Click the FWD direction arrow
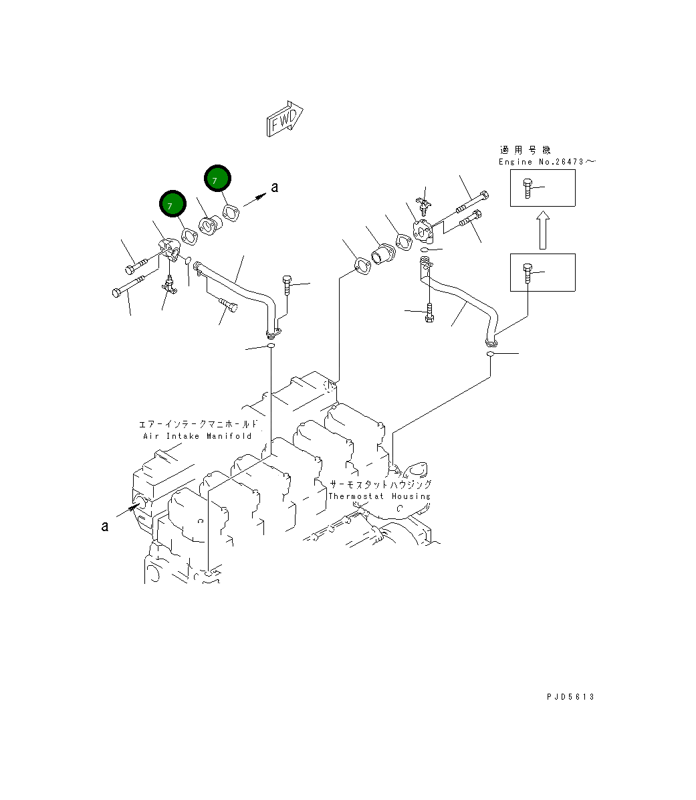(285, 119)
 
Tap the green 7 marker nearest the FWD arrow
(217, 179)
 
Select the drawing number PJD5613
(570, 697)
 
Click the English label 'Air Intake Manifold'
(197, 436)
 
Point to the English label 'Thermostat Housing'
(379, 496)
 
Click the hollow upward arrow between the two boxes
(542, 231)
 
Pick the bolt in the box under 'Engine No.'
(528, 189)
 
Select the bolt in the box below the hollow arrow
(528, 274)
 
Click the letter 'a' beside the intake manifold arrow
(105, 526)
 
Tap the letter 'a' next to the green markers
(274, 188)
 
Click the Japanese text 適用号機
(526, 150)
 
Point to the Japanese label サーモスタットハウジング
(380, 484)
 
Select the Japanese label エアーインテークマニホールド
(197, 424)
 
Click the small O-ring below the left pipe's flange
(271, 347)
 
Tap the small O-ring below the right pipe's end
(490, 353)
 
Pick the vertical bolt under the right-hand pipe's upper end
(429, 312)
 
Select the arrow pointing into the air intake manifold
(129, 510)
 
